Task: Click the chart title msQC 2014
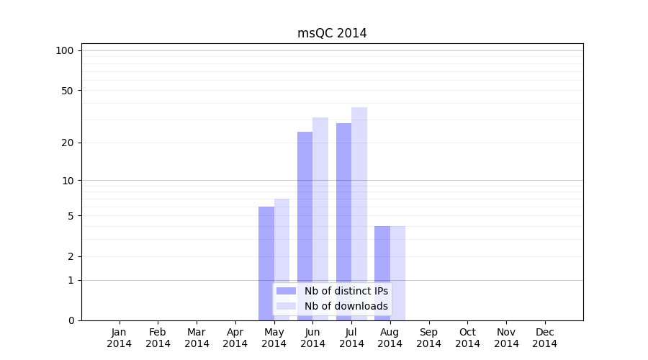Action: point(332,33)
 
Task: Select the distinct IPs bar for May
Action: point(266,245)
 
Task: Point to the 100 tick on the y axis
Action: point(65,50)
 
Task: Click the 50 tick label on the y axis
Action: point(67,91)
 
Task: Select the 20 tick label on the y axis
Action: point(67,143)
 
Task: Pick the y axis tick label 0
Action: point(71,320)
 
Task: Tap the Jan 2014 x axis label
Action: point(120,338)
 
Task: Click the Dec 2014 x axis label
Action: point(545,338)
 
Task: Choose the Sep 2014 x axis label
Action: point(428,338)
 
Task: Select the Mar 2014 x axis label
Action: point(197,338)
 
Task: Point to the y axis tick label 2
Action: point(71,256)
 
